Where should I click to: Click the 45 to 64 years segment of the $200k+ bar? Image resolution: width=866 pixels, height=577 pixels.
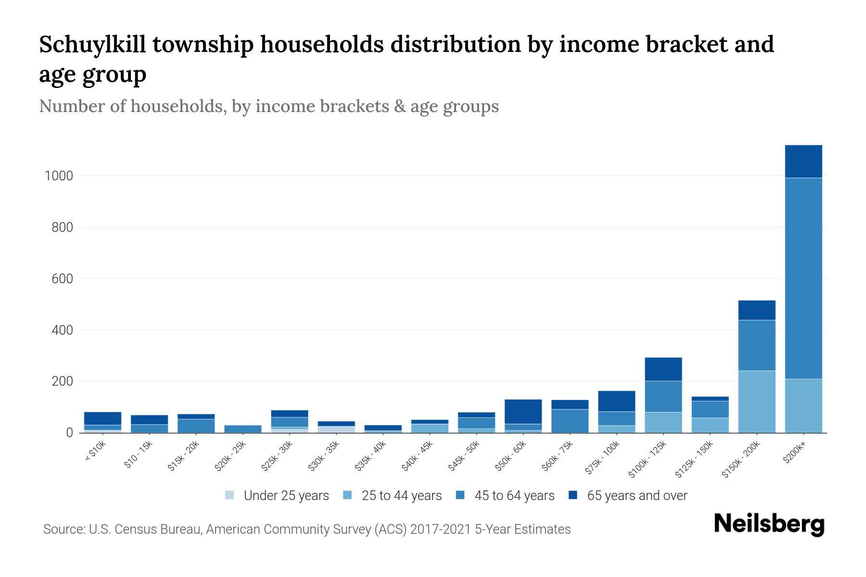(x=803, y=279)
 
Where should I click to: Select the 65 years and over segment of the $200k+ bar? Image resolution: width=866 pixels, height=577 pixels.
(x=803, y=162)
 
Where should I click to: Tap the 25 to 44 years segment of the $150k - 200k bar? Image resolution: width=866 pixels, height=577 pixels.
(x=756, y=401)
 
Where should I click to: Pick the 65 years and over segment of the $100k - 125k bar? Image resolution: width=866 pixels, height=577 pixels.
(x=663, y=369)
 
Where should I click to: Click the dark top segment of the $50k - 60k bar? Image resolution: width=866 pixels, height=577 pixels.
(x=523, y=412)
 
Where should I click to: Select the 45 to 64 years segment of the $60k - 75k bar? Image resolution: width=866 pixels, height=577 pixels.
(x=570, y=421)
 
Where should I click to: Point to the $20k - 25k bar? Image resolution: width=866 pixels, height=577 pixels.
(x=242, y=428)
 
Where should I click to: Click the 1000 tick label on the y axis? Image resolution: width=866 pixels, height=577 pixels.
(x=59, y=176)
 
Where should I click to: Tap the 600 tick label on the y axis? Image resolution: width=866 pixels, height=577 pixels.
(x=62, y=279)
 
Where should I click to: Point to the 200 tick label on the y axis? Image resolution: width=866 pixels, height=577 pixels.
(x=62, y=382)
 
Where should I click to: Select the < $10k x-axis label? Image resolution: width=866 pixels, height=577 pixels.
(x=95, y=452)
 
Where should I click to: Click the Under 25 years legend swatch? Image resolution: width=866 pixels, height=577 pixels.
(x=229, y=495)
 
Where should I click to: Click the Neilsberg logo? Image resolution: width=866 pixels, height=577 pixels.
(x=769, y=524)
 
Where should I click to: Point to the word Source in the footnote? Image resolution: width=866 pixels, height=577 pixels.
(x=63, y=529)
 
